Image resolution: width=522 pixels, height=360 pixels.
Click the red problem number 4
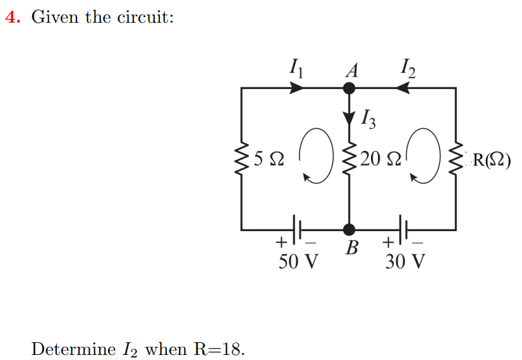(x=11, y=18)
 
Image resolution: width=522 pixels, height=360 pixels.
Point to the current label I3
(x=369, y=118)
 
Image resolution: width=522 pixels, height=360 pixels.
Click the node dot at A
(x=349, y=88)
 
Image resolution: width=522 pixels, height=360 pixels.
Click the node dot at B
(x=349, y=229)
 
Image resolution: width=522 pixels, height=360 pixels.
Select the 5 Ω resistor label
(x=268, y=159)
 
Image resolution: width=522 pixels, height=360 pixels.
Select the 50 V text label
(x=298, y=260)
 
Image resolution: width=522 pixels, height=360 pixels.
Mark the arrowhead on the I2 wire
(x=403, y=88)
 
